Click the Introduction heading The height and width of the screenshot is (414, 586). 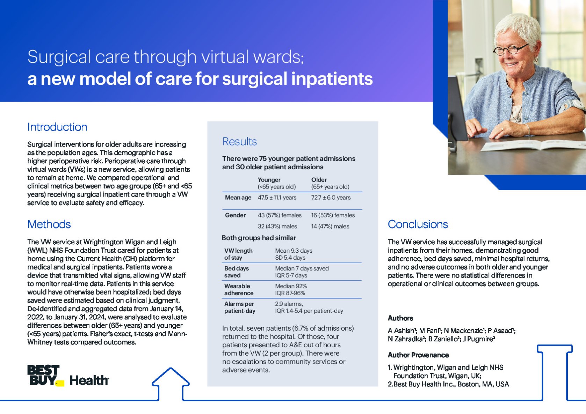[x=57, y=127]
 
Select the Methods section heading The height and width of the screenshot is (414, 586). [x=49, y=224]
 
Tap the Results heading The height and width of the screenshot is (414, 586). [x=239, y=141]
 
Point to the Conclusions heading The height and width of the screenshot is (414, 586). [x=418, y=224]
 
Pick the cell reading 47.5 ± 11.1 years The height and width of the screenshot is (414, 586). [x=277, y=198]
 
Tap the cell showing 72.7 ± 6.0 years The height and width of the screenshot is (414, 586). [x=331, y=198]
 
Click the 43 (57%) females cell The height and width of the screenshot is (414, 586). [x=280, y=215]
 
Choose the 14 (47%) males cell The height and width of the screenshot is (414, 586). [x=330, y=226]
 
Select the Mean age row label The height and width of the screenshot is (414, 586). [x=238, y=198]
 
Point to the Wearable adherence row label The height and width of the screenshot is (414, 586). [x=239, y=290]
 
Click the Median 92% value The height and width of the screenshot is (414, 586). [x=291, y=286]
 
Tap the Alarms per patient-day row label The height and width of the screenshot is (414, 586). [x=240, y=308]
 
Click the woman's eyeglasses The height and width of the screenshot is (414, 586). [x=510, y=50]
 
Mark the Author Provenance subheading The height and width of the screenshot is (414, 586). [x=418, y=355]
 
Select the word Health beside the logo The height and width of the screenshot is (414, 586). [x=89, y=380]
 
